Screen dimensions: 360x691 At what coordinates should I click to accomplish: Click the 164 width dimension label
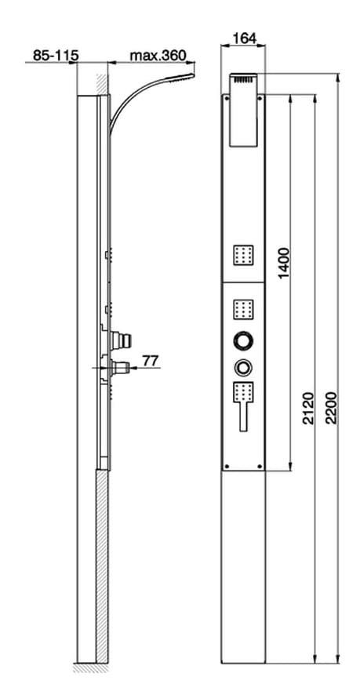[244, 38]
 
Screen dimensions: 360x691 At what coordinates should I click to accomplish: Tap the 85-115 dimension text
[56, 56]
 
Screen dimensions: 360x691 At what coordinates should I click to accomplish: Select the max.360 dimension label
[158, 56]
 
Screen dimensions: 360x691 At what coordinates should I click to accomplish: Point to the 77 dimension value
[151, 361]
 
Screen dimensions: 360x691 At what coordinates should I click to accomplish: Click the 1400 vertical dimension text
[284, 263]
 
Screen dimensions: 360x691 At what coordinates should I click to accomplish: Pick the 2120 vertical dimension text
[308, 408]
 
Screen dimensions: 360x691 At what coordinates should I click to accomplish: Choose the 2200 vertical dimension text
[331, 408]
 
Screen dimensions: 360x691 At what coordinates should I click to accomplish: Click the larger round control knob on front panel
[244, 340]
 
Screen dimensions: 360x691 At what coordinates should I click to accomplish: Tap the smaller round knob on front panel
[243, 366]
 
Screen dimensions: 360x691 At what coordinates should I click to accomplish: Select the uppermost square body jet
[244, 255]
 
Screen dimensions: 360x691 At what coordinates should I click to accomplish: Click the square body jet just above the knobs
[244, 309]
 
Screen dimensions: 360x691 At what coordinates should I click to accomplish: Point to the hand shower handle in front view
[244, 416]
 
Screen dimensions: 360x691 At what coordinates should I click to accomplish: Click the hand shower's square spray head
[244, 391]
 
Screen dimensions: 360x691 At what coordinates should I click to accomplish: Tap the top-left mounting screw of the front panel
[227, 98]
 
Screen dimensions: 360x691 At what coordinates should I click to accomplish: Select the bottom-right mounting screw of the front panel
[260, 466]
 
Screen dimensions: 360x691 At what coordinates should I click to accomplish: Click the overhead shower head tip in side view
[193, 76]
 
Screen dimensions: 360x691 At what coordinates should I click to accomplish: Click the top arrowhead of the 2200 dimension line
[337, 78]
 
